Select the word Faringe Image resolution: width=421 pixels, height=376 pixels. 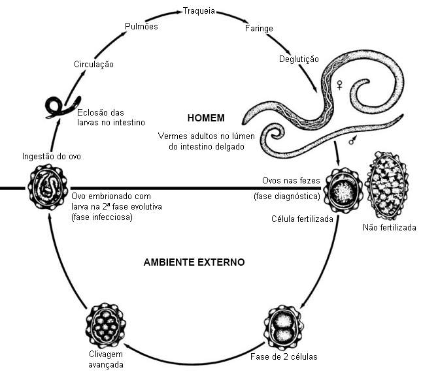tap(259, 29)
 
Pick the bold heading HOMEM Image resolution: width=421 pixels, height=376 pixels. tap(206, 118)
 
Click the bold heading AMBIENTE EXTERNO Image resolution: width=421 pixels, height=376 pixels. tap(194, 262)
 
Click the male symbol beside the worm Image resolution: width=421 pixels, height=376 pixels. tap(352, 139)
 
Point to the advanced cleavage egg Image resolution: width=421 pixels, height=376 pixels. tap(105, 324)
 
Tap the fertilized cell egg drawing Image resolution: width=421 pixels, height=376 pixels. tap(343, 189)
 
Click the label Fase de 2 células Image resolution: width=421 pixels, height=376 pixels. tap(283, 358)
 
